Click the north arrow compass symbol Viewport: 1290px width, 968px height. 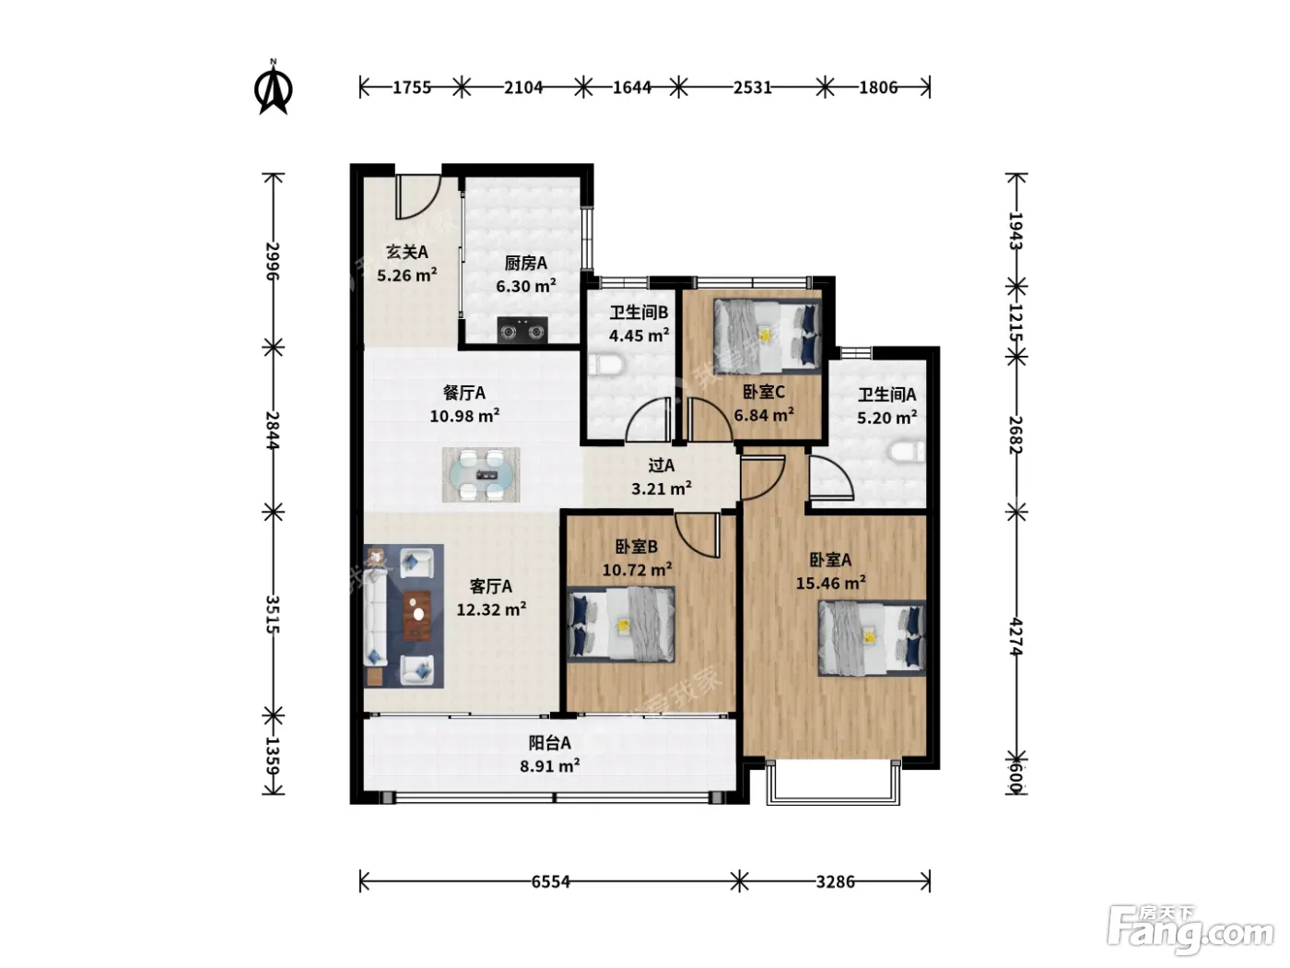point(274,89)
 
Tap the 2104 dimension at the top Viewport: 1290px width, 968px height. point(523,88)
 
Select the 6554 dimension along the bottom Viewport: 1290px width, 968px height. point(550,881)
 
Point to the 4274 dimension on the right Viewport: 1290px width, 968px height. point(1016,637)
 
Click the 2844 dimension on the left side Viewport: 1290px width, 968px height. point(272,431)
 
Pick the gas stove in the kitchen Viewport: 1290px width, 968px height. point(522,330)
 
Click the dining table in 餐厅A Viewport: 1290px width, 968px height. point(481,475)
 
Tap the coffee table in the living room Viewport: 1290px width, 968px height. point(416,615)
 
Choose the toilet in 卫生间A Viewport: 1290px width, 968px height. point(908,452)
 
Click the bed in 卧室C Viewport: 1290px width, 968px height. point(767,336)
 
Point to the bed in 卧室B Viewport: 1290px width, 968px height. point(621,624)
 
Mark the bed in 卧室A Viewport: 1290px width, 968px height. point(873,638)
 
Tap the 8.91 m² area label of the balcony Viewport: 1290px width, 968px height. point(550,766)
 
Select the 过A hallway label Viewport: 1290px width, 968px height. point(662,466)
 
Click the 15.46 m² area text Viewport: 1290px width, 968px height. point(831,583)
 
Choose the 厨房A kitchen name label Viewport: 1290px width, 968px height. point(526,263)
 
